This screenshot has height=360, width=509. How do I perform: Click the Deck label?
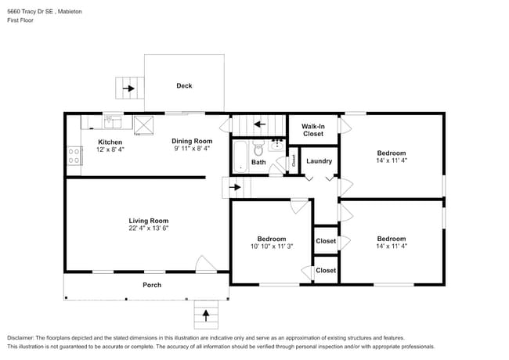(184, 86)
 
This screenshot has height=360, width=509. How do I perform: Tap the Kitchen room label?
(110, 142)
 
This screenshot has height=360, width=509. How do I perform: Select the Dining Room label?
(192, 141)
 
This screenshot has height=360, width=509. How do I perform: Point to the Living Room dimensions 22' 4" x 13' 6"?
(149, 229)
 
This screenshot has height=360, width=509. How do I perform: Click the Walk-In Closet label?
(313, 129)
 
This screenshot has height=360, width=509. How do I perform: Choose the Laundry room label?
(319, 161)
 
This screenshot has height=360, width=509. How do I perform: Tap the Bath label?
(258, 162)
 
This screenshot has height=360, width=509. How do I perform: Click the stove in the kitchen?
(75, 155)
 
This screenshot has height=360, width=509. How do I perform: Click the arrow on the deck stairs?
(127, 88)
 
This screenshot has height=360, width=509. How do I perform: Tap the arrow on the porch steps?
(207, 315)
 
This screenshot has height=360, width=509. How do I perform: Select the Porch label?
(152, 285)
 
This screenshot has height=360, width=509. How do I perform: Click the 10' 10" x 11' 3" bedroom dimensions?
(272, 247)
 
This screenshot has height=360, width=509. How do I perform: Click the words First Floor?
(21, 22)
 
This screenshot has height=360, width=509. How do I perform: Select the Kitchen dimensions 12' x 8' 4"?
(110, 149)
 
